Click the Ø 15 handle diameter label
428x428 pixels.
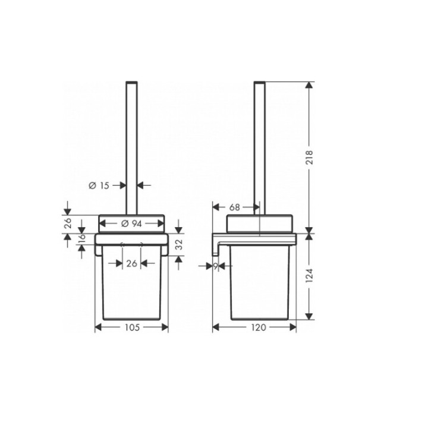click(99, 185)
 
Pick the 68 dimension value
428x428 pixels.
click(234, 207)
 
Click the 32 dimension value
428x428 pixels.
click(178, 244)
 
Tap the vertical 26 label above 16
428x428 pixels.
click(68, 224)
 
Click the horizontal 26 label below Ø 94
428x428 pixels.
click(132, 263)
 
